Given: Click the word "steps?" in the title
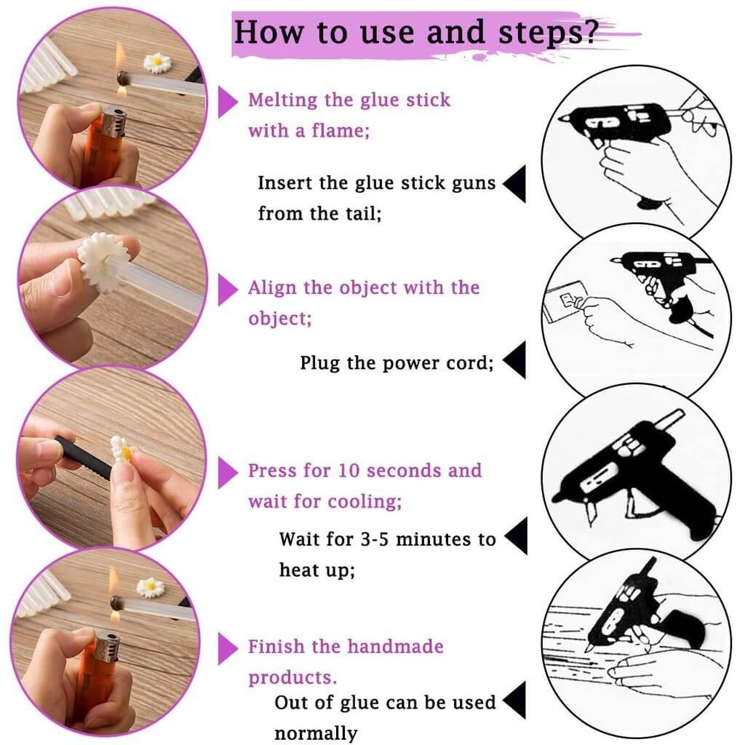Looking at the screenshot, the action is [x=546, y=32].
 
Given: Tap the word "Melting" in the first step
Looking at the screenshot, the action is [x=283, y=100].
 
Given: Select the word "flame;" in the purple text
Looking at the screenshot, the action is [x=340, y=130].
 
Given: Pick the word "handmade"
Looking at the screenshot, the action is [x=395, y=646].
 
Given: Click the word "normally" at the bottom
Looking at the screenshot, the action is [x=316, y=733].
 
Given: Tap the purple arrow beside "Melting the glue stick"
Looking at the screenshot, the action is [x=228, y=102].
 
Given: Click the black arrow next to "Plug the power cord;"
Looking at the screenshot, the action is [x=514, y=359].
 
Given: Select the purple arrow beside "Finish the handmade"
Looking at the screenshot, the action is [x=228, y=648].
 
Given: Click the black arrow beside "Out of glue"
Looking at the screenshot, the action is [x=514, y=700].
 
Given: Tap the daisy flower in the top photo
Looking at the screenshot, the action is [x=157, y=63].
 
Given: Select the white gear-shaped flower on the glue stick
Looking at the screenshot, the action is [x=103, y=262].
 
